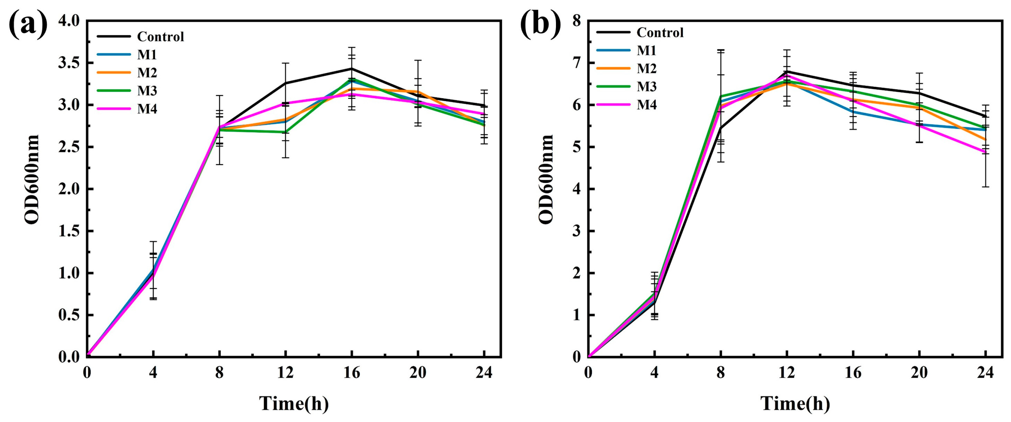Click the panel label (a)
[x=28, y=24]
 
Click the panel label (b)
[x=540, y=24]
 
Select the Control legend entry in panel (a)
[x=160, y=36]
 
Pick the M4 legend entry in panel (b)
[x=646, y=105]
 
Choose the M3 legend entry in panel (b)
[x=646, y=86]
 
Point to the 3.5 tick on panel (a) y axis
[x=69, y=63]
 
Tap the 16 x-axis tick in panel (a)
[x=352, y=372]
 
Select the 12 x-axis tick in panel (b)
[x=786, y=372]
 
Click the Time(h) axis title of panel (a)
[x=294, y=404]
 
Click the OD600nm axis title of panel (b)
[x=546, y=180]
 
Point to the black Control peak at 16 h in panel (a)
[x=352, y=69]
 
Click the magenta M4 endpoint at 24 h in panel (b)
[x=985, y=152]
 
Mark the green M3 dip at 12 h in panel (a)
[x=285, y=132]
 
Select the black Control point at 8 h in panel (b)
[x=721, y=128]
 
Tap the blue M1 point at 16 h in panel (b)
[x=853, y=112]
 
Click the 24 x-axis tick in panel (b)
[x=985, y=372]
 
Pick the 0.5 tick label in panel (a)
[x=69, y=315]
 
